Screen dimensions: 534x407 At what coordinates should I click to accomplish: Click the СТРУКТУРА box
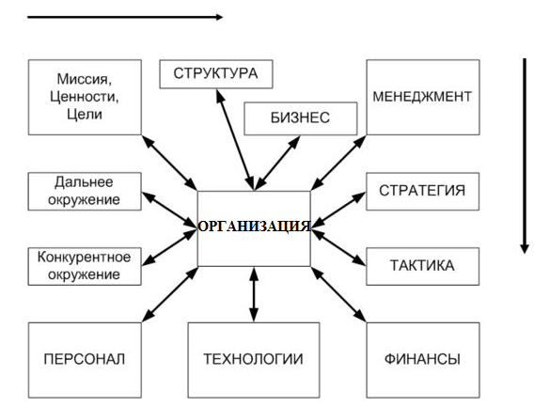click(216, 74)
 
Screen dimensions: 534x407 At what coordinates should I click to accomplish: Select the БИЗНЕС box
click(301, 118)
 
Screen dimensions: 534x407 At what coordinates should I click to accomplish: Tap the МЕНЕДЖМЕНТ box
click(423, 98)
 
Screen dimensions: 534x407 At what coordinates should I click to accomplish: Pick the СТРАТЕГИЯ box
click(423, 192)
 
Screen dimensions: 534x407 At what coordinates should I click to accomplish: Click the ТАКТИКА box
click(423, 266)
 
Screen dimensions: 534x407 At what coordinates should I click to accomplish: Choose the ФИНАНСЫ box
click(423, 360)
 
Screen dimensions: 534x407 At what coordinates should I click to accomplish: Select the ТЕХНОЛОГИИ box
click(254, 360)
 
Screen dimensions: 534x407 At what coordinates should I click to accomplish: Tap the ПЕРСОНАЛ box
click(85, 360)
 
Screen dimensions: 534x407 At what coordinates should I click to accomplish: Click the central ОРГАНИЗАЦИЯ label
click(254, 227)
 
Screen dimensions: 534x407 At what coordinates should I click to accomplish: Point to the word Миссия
click(84, 79)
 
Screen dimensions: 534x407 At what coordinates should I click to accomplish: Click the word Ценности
click(85, 97)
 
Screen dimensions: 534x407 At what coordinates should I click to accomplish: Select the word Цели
click(85, 114)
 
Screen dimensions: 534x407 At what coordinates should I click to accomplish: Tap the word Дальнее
click(84, 181)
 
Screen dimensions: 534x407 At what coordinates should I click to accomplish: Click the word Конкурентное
click(84, 258)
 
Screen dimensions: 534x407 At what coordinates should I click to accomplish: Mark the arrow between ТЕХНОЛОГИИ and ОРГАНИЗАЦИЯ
click(254, 294)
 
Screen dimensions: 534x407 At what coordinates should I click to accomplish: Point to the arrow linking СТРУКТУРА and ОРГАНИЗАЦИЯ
click(235, 140)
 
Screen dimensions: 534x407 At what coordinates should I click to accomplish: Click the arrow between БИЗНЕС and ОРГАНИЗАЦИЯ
click(277, 164)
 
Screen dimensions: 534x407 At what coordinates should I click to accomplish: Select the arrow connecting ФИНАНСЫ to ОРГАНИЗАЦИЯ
click(338, 294)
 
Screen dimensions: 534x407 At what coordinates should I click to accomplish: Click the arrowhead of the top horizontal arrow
click(219, 17)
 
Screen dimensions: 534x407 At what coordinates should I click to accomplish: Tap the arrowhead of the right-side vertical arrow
click(525, 249)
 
